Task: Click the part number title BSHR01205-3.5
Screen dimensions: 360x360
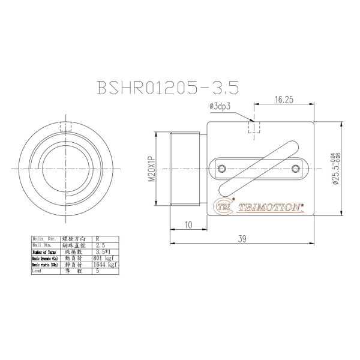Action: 167,88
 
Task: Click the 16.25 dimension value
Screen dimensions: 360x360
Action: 284,100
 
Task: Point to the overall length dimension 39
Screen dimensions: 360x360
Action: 242,239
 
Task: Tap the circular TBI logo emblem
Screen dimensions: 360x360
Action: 225,206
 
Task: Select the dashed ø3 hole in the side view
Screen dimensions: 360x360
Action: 254,128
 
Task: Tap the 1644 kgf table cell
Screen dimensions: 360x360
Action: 104,265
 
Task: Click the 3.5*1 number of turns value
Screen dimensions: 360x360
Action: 103,252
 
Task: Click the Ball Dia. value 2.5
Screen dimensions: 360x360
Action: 101,245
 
